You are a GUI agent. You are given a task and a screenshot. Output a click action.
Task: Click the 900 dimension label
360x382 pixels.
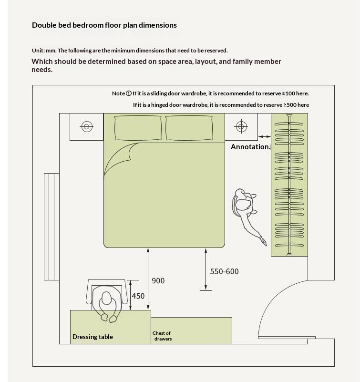point(158,281)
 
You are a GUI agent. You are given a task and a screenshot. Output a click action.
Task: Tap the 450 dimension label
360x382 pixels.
point(138,296)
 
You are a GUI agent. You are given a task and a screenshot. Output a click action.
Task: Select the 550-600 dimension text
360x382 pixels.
point(224,271)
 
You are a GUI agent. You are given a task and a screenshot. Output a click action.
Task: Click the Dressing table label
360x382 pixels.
point(93,337)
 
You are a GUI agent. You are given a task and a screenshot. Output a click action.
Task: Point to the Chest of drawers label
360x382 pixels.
point(162,336)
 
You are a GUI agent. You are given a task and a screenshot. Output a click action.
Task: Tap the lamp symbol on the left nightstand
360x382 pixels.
point(87,126)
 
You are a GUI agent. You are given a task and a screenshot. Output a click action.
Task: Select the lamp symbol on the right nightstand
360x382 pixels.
point(241,126)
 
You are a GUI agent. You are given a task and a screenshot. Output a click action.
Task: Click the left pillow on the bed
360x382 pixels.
point(138,128)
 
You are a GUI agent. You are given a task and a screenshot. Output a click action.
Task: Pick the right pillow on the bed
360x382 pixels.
point(189,128)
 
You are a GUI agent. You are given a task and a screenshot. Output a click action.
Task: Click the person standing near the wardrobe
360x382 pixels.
point(247,209)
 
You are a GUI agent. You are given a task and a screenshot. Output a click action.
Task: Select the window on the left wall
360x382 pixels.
point(51,227)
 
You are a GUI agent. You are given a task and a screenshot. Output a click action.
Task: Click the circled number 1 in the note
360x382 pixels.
point(129,93)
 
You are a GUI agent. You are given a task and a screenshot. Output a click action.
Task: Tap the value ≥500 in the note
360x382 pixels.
point(290,105)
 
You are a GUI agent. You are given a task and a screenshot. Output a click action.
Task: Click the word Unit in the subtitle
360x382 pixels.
point(38,51)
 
